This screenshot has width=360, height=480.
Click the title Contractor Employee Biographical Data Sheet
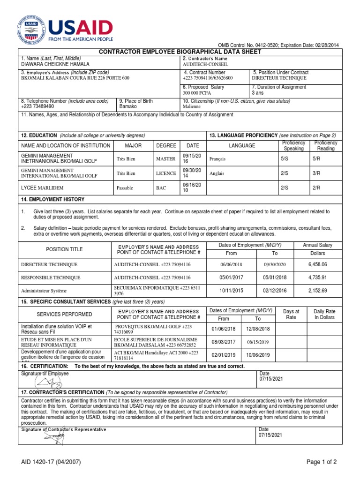(180, 52)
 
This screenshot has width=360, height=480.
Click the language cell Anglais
(217, 173)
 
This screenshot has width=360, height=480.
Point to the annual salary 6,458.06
(317, 264)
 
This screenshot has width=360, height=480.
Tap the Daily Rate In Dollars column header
(325, 314)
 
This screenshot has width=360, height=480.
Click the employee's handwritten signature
(52, 382)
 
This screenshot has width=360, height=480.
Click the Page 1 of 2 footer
(322, 462)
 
